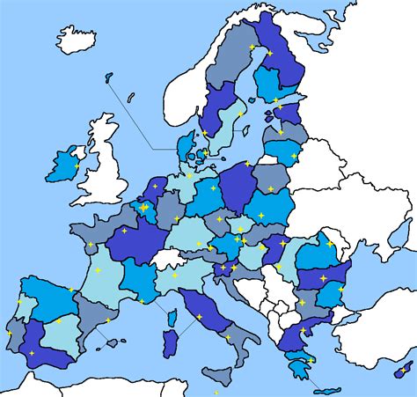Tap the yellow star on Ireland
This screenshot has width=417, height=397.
(77, 166)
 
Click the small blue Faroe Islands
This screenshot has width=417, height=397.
(108, 78)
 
